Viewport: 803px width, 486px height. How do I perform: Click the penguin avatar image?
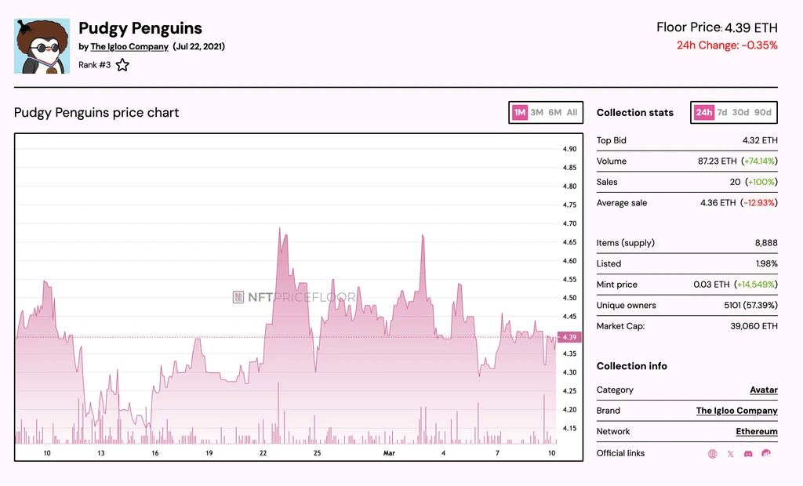(x=42, y=46)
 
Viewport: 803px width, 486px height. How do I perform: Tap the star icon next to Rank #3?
(x=122, y=65)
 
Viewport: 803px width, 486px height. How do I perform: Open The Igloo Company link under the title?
(x=129, y=46)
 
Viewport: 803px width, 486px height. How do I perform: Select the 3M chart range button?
(x=536, y=112)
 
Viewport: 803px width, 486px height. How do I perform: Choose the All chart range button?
(x=572, y=112)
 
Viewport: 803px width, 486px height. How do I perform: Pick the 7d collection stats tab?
(x=722, y=112)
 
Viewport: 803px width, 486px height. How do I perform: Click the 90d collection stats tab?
(x=762, y=112)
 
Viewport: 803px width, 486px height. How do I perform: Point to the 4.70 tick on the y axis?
(x=569, y=223)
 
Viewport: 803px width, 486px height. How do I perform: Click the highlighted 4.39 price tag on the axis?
(x=569, y=337)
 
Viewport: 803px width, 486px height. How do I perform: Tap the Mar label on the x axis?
(x=389, y=453)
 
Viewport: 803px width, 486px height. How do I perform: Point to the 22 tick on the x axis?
(x=263, y=453)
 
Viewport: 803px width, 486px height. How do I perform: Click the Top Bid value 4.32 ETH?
(x=760, y=140)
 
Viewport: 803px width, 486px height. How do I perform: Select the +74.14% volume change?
(x=760, y=161)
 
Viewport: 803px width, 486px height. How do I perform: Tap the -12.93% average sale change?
(x=759, y=203)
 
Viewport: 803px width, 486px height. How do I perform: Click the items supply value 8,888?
(x=766, y=243)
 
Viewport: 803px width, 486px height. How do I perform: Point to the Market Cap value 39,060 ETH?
(x=754, y=326)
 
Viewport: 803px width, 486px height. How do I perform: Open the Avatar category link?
(x=764, y=390)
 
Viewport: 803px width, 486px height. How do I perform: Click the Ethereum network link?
(x=757, y=431)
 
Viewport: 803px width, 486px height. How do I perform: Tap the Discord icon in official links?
(x=748, y=454)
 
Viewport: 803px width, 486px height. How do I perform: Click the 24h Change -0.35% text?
(x=727, y=45)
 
